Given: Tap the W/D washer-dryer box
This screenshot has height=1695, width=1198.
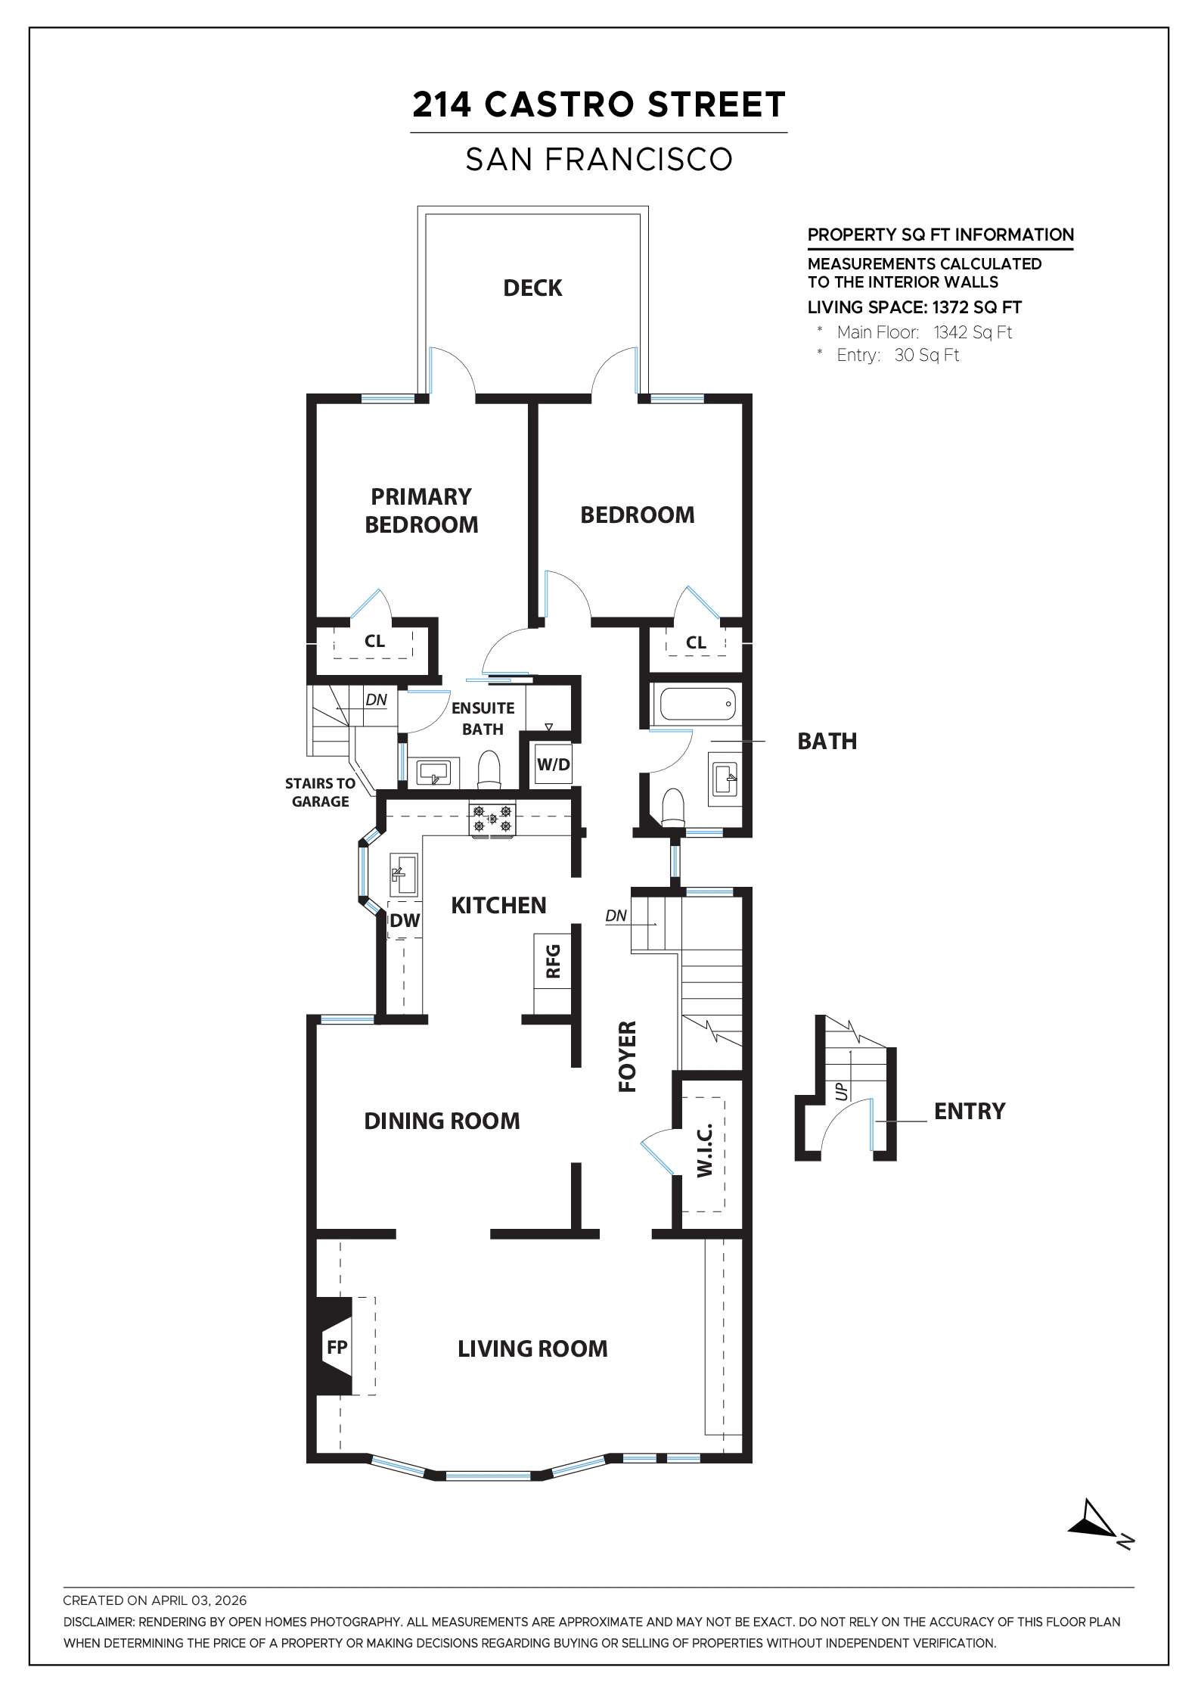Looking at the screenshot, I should [x=553, y=764].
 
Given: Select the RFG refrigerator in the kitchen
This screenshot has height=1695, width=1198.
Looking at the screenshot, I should [x=553, y=960].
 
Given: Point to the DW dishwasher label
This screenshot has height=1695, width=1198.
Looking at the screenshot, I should [x=405, y=921].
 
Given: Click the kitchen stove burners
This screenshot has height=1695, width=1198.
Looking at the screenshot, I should [x=492, y=819].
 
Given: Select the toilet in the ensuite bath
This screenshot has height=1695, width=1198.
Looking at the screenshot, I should [x=489, y=768].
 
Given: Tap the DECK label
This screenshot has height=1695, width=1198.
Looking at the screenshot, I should [x=532, y=288].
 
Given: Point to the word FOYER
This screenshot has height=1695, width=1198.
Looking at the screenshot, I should [x=628, y=1056].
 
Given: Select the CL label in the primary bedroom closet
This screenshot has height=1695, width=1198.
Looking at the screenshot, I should [x=374, y=641].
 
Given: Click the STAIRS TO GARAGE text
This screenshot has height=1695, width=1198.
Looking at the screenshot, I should [x=320, y=792].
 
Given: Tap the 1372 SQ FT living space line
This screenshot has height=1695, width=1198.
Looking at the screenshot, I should [x=914, y=307].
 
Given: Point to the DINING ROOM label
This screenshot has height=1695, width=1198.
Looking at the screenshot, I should [x=442, y=1121].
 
